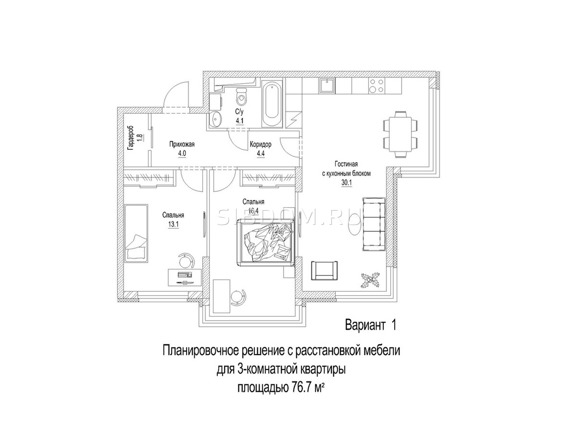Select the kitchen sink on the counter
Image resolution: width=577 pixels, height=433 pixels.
click(x=327, y=86)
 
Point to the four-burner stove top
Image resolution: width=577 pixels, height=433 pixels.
click(x=376, y=86)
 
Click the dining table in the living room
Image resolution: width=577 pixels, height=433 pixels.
click(x=400, y=134)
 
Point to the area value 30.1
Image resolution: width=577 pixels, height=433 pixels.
click(x=346, y=182)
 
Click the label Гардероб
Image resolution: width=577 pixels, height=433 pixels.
click(x=131, y=138)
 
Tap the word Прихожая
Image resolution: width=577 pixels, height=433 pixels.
click(x=182, y=144)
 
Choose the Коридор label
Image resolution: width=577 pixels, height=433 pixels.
click(x=260, y=144)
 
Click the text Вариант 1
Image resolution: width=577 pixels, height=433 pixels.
click(x=370, y=325)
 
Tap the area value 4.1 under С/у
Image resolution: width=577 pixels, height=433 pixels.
click(x=239, y=121)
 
